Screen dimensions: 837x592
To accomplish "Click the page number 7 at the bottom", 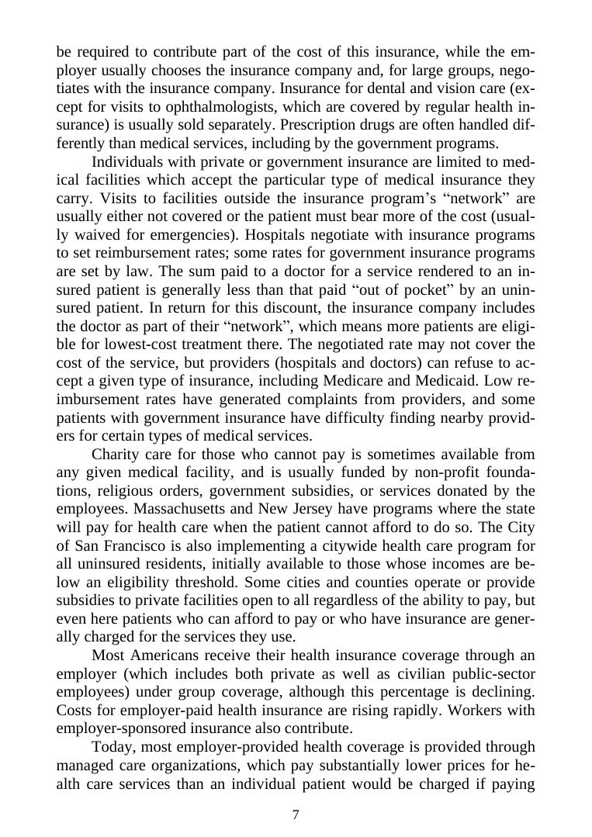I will (296, 815).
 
